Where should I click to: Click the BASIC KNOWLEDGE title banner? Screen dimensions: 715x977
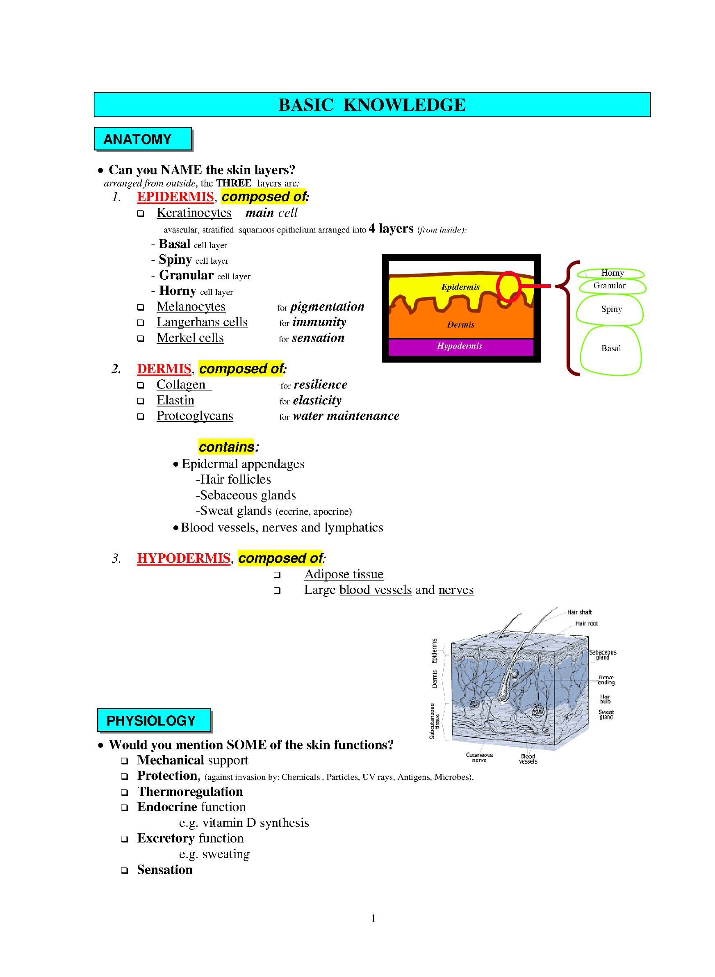[x=372, y=105]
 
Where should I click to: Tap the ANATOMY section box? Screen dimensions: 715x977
[x=143, y=139]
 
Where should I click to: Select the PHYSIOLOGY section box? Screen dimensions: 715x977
[x=154, y=720]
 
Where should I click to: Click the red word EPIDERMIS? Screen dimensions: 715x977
[x=175, y=197]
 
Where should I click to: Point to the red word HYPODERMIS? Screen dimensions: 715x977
[x=184, y=558]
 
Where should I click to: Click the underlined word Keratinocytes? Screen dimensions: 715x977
[x=194, y=213]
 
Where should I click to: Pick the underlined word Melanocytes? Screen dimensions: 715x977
[x=191, y=306]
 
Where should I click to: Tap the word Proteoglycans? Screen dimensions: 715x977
[x=195, y=416]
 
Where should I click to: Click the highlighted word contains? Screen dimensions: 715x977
[x=226, y=447]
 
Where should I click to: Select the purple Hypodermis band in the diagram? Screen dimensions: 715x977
[x=460, y=346]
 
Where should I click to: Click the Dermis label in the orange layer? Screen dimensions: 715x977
[x=460, y=325]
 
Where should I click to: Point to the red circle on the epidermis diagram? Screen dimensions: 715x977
[x=508, y=286]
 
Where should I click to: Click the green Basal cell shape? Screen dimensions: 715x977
[x=611, y=349]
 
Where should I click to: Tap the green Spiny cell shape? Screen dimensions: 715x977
[x=611, y=309]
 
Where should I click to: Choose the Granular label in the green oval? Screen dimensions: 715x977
[x=609, y=286]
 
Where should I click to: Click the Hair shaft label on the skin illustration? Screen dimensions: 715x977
[x=579, y=612]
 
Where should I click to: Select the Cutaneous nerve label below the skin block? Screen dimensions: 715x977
[x=479, y=757]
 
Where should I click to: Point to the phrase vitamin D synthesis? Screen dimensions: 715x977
[x=255, y=823]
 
